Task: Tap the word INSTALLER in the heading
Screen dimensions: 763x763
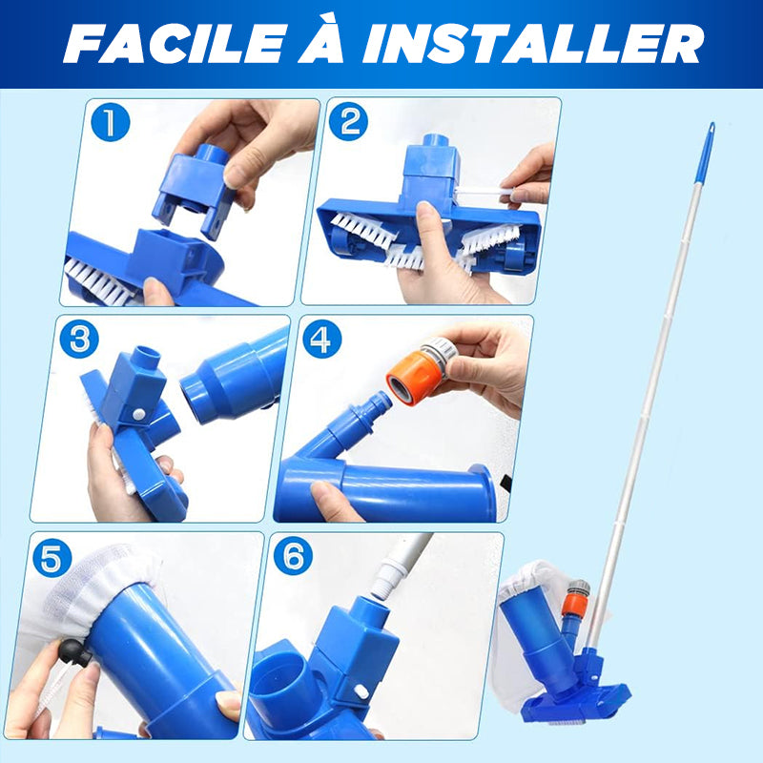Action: pyautogui.click(x=533, y=43)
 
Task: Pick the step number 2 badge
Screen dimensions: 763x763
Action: pyautogui.click(x=348, y=121)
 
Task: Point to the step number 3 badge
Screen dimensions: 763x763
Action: pyautogui.click(x=79, y=339)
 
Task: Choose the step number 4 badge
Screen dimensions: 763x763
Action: pyautogui.click(x=321, y=339)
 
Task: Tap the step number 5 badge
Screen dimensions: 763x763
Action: pyautogui.click(x=52, y=558)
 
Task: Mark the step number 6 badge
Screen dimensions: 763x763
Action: pyautogui.click(x=293, y=555)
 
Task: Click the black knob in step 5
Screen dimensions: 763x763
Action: pyautogui.click(x=74, y=652)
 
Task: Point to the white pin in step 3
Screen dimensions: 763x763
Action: pyautogui.click(x=138, y=415)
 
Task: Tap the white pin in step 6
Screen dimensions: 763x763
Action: pyautogui.click(x=361, y=691)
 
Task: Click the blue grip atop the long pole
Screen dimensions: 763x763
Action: pyautogui.click(x=705, y=153)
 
